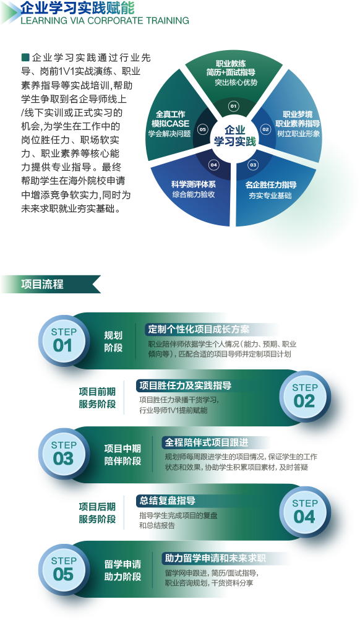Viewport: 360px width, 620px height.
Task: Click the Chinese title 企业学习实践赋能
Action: click(x=77, y=7)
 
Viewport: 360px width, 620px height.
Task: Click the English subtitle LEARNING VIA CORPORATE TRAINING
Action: click(x=105, y=20)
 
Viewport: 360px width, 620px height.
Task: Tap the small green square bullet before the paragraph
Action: click(x=25, y=58)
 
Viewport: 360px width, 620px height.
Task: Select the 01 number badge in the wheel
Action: click(x=234, y=106)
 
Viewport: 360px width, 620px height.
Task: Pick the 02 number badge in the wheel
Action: click(x=265, y=129)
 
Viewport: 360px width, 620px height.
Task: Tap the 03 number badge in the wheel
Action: click(x=253, y=165)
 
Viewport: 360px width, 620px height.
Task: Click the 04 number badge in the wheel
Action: click(x=214, y=165)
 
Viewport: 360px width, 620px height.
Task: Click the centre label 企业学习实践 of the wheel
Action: click(x=234, y=136)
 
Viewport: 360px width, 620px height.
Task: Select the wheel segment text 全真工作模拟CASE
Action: click(x=170, y=119)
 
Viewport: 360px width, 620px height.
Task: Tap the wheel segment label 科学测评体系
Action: click(x=194, y=184)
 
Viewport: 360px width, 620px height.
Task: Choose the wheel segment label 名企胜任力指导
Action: click(x=271, y=184)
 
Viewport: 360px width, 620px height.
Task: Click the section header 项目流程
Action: click(x=42, y=284)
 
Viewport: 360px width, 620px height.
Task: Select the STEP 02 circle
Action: click(x=305, y=396)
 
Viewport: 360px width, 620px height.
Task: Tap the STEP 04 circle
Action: click(x=305, y=512)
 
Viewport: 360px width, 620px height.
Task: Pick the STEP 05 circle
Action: click(x=63, y=569)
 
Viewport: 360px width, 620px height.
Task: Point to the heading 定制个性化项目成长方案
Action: click(x=199, y=329)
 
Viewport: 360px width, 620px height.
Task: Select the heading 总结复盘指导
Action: click(x=168, y=501)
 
